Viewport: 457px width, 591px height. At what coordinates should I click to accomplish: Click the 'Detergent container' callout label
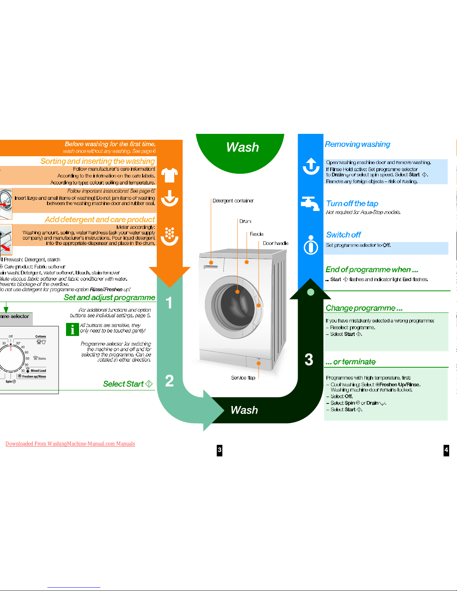coord(233,201)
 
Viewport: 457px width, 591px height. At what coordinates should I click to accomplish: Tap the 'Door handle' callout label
coord(275,243)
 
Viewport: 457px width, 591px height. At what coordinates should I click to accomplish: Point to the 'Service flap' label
coord(243,378)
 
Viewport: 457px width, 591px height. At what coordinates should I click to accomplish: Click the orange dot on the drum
coord(237,292)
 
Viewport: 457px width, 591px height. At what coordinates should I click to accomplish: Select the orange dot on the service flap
coord(259,363)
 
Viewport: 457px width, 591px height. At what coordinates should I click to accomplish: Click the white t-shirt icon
coord(169,175)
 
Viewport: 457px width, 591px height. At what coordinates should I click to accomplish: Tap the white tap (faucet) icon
coord(310,203)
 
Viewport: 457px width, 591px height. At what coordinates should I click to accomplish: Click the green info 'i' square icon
coord(72,329)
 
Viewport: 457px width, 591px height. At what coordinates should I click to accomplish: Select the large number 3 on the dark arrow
coord(309,360)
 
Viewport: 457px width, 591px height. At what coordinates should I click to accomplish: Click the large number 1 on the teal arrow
coord(169,303)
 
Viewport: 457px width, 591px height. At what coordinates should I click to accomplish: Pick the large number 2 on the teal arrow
coord(169,381)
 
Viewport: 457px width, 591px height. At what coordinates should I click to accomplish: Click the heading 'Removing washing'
coord(357,144)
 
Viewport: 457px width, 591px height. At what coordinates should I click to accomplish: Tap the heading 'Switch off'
coord(343,235)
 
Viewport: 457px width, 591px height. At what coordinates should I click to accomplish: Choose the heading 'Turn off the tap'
coord(352,204)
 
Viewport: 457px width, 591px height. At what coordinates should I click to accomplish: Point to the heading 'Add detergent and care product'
coord(100,220)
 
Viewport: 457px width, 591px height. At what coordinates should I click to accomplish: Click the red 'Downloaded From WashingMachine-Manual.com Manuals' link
coord(70,444)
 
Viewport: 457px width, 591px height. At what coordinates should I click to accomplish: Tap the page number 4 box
coord(446,450)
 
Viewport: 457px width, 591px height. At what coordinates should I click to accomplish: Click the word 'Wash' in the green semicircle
coord(242,147)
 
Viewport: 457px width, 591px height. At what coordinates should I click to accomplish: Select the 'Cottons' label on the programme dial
coord(41,336)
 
